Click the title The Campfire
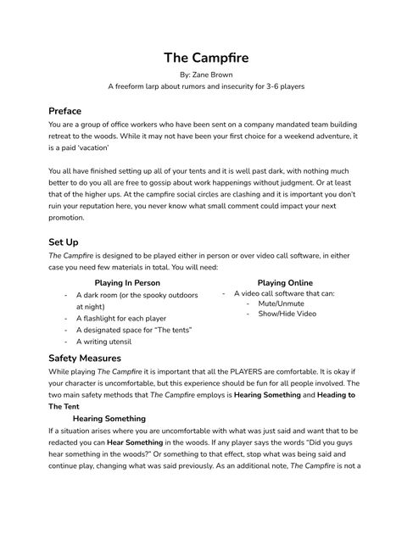coord(206,58)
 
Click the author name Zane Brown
coord(215,75)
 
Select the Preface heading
coord(64,110)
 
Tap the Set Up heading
coord(63,242)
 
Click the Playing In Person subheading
coord(127,282)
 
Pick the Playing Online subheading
coord(285,282)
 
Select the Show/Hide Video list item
coord(287,314)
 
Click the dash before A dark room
coord(66,295)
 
